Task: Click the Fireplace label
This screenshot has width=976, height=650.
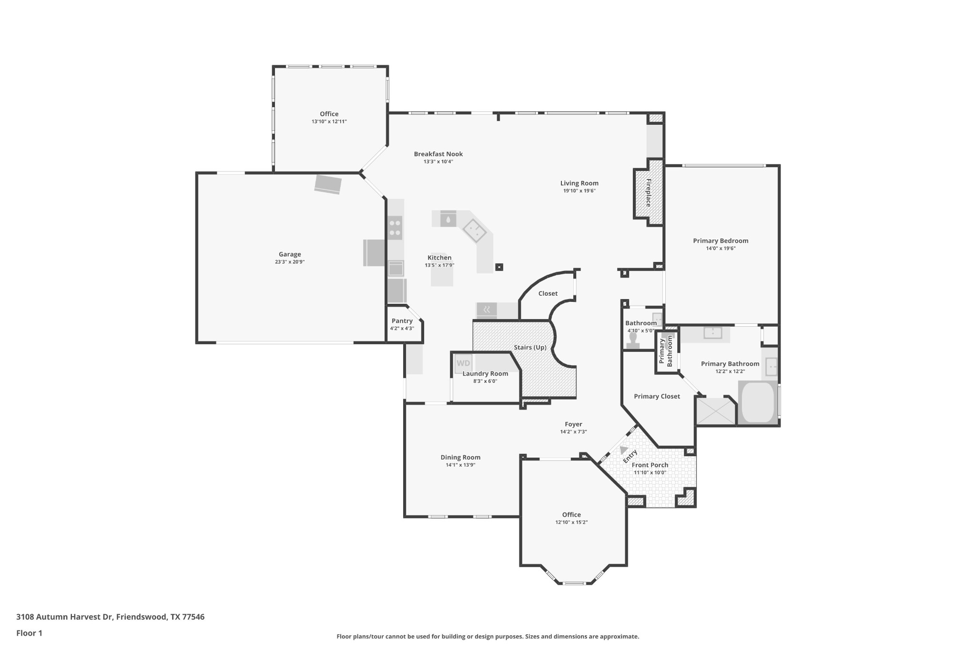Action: click(x=649, y=192)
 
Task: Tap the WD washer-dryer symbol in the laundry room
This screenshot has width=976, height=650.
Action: click(x=463, y=363)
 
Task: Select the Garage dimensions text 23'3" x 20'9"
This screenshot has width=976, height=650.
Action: click(x=290, y=262)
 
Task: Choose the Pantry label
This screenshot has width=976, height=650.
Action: click(x=402, y=321)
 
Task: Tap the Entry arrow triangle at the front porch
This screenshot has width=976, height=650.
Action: click(x=623, y=450)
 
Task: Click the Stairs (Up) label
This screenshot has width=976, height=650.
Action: click(x=530, y=347)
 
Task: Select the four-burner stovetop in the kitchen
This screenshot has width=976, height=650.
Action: click(x=395, y=228)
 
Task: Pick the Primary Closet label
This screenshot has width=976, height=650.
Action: click(x=657, y=396)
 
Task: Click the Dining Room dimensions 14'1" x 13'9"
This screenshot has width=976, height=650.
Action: click(x=460, y=465)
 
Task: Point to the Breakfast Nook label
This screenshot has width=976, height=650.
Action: click(x=438, y=154)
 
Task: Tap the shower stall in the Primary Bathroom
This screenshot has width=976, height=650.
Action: click(x=716, y=410)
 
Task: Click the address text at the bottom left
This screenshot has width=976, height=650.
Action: click(x=111, y=617)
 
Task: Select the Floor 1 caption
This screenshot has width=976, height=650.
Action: click(x=29, y=633)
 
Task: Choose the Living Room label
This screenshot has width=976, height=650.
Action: click(x=579, y=183)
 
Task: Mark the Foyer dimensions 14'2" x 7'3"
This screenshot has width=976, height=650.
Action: click(x=573, y=432)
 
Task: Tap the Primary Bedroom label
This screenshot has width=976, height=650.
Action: click(x=721, y=240)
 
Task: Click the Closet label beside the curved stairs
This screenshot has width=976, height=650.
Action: click(x=548, y=293)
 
